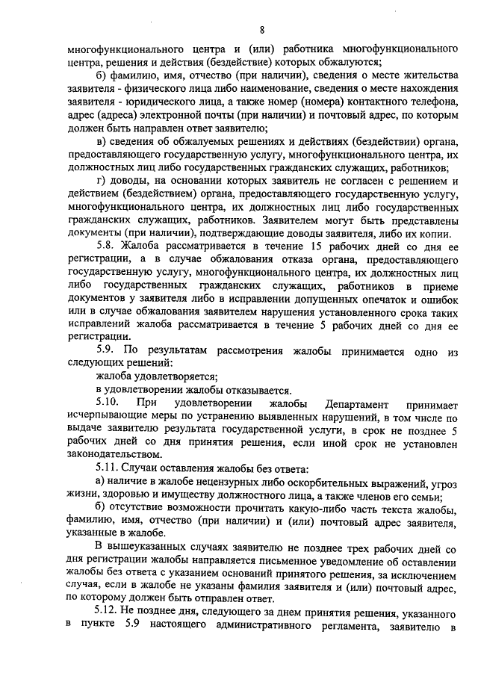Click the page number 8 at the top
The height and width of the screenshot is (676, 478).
tap(262, 30)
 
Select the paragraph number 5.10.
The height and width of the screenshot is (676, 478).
tap(111, 404)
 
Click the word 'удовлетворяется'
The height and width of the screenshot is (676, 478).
tap(171, 376)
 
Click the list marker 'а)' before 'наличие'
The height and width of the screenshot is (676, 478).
tap(102, 483)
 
